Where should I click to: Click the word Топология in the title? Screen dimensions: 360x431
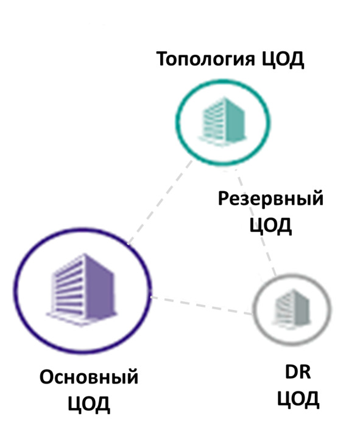(x=205, y=60)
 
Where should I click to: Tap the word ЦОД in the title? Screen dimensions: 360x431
(x=282, y=60)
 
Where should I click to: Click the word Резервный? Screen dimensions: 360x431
(x=270, y=199)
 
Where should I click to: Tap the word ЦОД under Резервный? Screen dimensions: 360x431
(x=270, y=225)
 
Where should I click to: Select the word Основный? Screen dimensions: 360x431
(x=89, y=377)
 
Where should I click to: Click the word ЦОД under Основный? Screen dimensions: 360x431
(x=89, y=404)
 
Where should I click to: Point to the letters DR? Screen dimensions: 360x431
(x=298, y=372)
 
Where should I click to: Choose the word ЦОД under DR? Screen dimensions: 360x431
(x=298, y=398)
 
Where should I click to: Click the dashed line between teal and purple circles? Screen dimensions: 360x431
(x=160, y=203)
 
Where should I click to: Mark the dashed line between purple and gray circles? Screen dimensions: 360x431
(x=201, y=306)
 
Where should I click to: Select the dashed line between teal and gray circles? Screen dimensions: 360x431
(x=257, y=223)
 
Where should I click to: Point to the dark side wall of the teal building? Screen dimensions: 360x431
(x=235, y=121)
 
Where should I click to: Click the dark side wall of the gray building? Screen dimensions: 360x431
(x=302, y=308)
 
